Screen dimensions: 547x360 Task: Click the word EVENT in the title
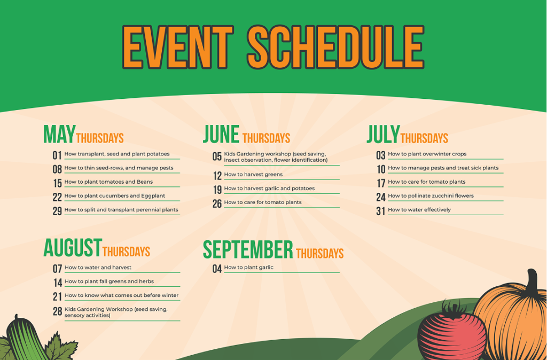tap(178, 47)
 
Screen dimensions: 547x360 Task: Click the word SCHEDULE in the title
tap(335, 47)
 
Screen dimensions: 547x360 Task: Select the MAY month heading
tap(59, 134)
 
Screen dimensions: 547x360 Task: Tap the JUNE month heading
tap(221, 134)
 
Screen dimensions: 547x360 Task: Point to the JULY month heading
tap(383, 134)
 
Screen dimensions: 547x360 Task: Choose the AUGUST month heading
tap(73, 248)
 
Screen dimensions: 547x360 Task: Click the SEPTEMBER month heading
tap(248, 249)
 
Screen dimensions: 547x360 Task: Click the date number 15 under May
tap(57, 183)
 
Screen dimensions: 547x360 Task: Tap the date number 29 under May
tap(57, 211)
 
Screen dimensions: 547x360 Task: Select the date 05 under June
tap(217, 156)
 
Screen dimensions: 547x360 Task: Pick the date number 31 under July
tap(380, 211)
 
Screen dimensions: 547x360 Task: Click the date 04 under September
tap(217, 269)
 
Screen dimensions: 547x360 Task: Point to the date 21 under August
tap(58, 296)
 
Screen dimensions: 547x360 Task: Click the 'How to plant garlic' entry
tap(249, 268)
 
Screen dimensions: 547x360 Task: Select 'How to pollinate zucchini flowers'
tap(431, 195)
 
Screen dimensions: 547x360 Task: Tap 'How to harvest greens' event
tap(253, 175)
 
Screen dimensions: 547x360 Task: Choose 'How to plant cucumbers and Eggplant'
tap(115, 195)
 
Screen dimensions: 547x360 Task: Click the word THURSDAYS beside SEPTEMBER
tap(319, 253)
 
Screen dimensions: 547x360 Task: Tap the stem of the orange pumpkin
tap(532, 282)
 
